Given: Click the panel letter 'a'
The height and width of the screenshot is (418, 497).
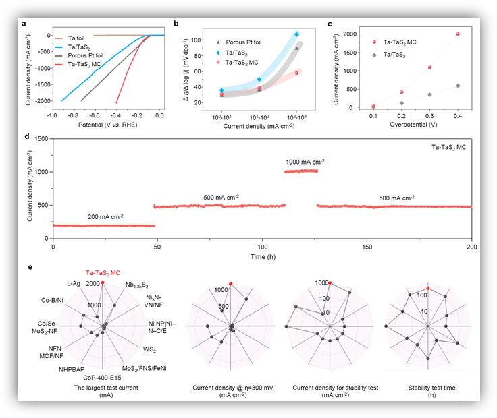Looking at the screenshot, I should [x=25, y=24].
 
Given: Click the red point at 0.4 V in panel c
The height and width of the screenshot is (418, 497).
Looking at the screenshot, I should [x=458, y=34].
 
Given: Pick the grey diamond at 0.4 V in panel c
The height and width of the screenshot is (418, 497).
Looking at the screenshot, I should [x=458, y=86].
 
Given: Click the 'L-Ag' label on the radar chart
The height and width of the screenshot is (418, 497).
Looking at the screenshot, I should [x=74, y=284].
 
